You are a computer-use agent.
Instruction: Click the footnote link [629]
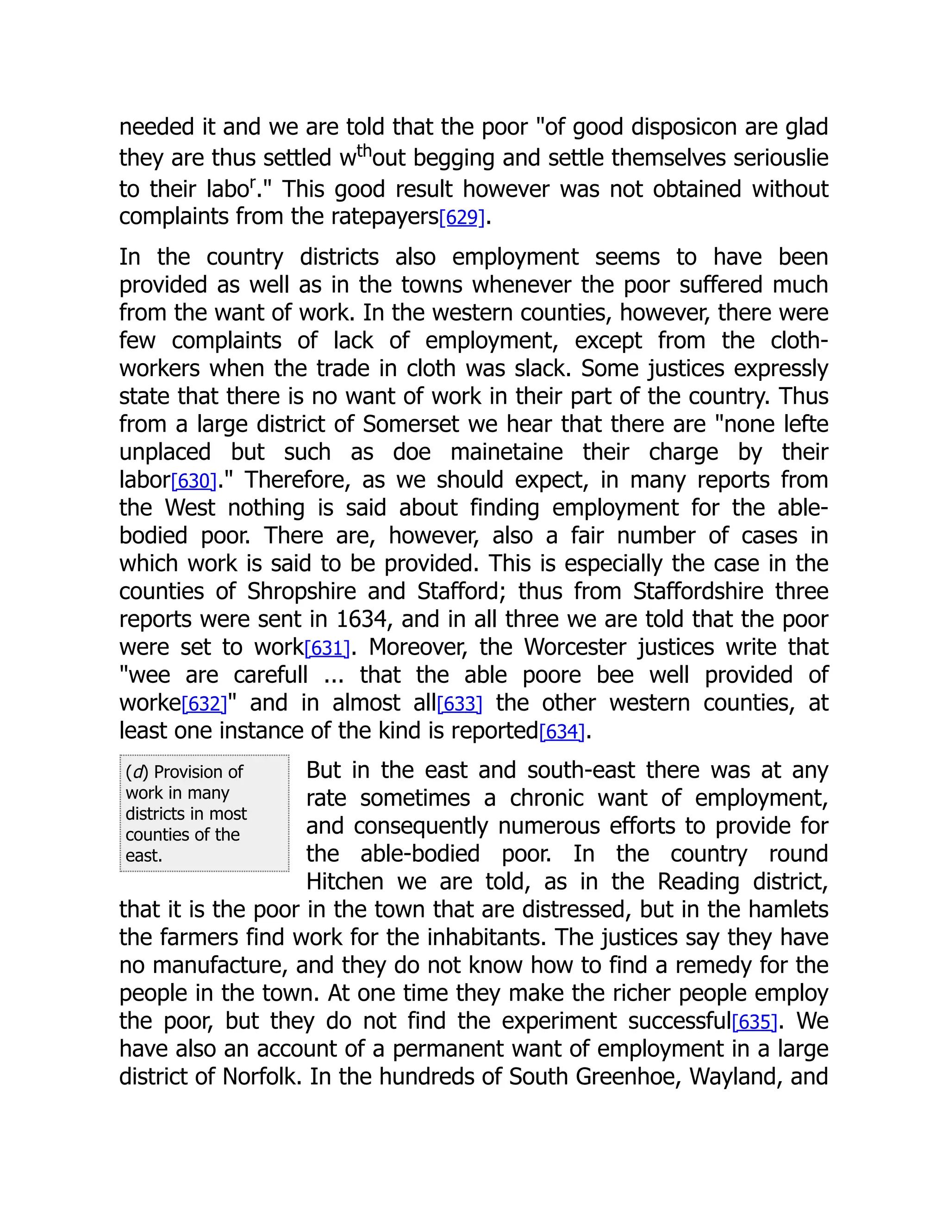[461, 217]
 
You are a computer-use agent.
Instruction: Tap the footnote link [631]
[327, 648]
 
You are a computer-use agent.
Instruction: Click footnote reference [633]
[459, 704]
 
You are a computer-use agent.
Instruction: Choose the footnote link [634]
[561, 732]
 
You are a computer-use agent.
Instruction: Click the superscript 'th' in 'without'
[364, 150]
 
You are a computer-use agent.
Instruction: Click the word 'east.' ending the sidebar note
[144, 855]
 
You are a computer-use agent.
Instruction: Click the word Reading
[699, 882]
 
